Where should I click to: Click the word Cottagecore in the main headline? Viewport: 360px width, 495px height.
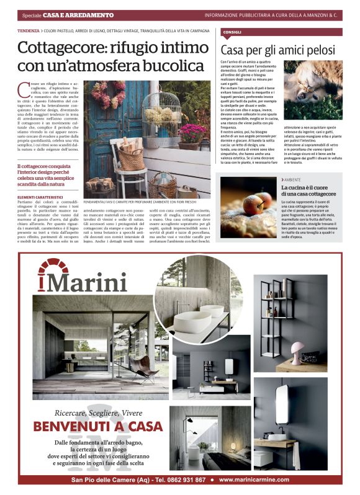[60, 48]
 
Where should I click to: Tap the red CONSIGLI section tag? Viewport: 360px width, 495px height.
[233, 32]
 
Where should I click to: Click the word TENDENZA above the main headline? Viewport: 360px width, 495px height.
[29, 30]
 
